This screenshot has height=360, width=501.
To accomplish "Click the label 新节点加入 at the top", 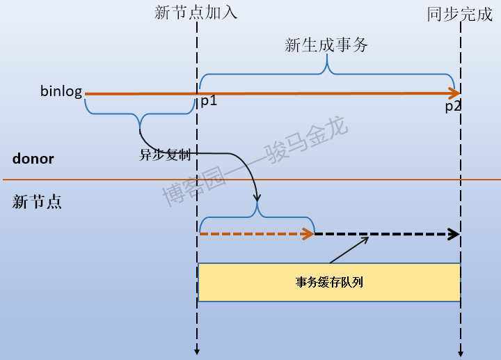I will coord(197,13).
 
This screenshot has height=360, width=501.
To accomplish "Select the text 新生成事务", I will coord(326,45).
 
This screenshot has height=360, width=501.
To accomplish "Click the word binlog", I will coord(61,92).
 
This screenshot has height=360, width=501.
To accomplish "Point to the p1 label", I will coord(209,101).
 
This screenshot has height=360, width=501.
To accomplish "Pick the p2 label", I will coord(454,107).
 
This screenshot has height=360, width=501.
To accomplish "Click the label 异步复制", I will coord(165,154).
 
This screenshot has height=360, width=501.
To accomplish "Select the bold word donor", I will coord(33,159).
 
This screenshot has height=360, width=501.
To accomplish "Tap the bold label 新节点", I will coord(38,202).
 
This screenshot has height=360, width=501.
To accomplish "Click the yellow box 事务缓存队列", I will coord(329,282).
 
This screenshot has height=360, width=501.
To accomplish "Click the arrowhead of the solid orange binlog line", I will coord(454,93).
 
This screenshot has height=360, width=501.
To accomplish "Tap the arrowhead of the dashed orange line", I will coord(309,234).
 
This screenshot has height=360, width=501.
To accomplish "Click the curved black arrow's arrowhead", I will coord(257,197).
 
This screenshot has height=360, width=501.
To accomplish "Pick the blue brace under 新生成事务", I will coord(328,70).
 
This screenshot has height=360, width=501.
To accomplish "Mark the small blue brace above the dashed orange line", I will coord(258,213).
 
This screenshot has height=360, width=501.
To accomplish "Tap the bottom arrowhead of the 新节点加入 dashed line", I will coord(198,352).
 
